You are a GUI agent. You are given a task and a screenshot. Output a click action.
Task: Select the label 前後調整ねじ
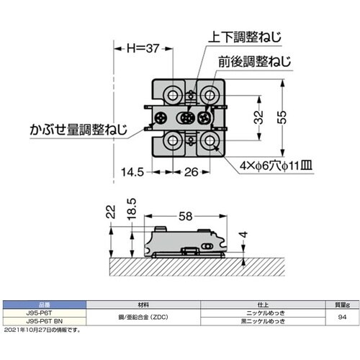(x=256, y=64)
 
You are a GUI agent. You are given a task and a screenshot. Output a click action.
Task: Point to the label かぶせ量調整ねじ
(x=77, y=130)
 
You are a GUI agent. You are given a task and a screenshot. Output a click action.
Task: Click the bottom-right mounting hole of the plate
(x=210, y=141)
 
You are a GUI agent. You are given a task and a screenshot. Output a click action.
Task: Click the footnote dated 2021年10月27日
(x=43, y=330)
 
